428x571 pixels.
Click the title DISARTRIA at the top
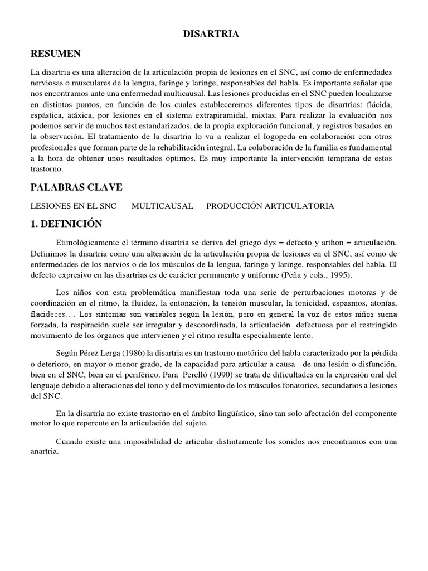coord(211,35)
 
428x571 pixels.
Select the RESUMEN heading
coord(56,54)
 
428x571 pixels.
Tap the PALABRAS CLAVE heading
coord(76,187)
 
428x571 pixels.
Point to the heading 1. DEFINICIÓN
coord(66,224)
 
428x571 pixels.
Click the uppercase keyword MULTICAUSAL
coord(162,206)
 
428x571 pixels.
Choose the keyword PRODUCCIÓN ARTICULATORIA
coord(270,206)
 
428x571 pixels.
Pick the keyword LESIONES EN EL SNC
coord(73,206)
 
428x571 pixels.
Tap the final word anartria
coord(45,452)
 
